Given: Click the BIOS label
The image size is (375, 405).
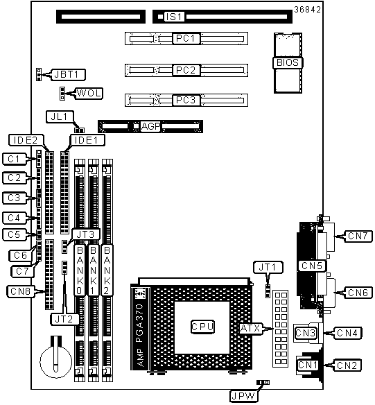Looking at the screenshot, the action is tap(288, 63).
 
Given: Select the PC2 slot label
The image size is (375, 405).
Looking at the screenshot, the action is tap(186, 70).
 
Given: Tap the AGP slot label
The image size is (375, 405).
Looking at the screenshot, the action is tap(150, 126).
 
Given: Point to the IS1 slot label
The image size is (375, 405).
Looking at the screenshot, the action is tap(174, 17).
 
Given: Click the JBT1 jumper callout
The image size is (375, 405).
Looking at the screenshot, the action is tap(68, 75).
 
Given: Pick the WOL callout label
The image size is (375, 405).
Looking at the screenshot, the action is tap(89, 93).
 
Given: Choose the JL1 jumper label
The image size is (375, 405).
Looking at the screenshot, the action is tap(60, 117).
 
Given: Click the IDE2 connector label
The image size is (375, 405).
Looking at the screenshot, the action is tap(26, 140).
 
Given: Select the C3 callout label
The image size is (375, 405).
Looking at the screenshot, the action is tap(15, 198).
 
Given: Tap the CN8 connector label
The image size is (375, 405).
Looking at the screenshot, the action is tap(21, 291).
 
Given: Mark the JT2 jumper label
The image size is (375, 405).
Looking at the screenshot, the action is tap(64, 319).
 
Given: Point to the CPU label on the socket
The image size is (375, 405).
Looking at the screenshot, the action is tap(202, 327).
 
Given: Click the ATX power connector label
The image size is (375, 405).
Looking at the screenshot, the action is tap(250, 328).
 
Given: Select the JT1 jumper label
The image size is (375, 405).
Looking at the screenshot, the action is tap(268, 267).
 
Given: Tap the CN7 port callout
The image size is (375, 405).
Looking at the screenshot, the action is tap(358, 236).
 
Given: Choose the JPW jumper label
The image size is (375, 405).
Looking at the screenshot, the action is tap(243, 396).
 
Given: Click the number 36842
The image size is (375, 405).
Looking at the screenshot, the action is tap(307, 10).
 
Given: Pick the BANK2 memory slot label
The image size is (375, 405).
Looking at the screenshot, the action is tap(107, 270).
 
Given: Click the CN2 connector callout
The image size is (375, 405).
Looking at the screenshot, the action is tap(347, 365).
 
